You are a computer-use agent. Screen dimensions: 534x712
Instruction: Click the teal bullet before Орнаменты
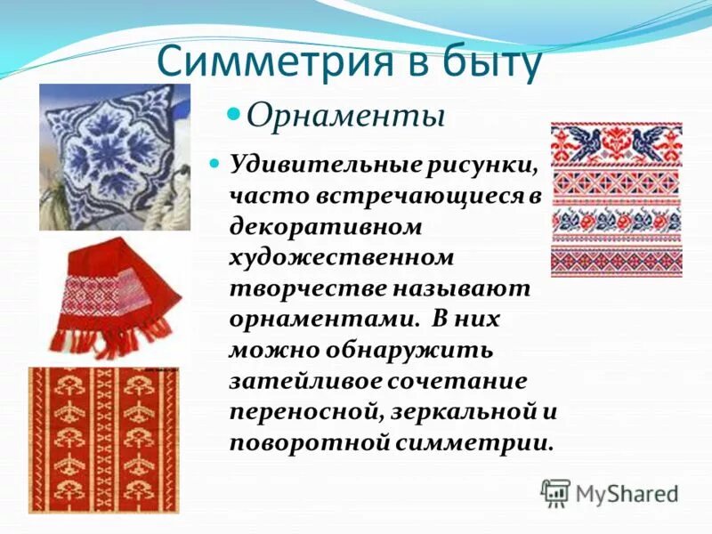point(234,114)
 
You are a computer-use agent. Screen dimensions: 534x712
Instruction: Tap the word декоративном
point(325,226)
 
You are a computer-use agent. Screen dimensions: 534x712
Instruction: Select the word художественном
point(342,257)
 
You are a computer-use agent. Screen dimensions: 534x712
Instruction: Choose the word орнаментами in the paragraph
point(318,320)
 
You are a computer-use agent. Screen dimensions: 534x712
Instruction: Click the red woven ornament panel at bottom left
point(103,440)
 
